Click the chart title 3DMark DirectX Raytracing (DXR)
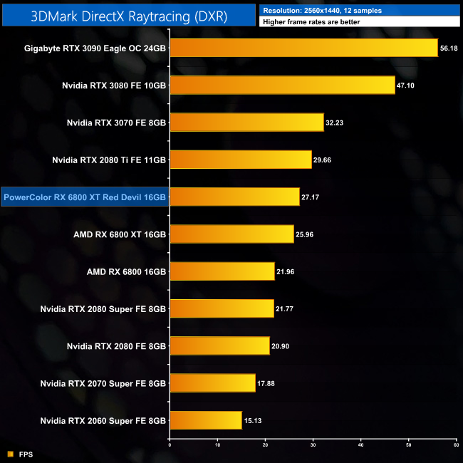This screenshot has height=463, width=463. pyautogui.click(x=128, y=16)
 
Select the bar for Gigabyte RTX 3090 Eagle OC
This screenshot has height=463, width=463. pyautogui.click(x=303, y=48)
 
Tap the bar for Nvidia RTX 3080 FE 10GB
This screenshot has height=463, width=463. pyautogui.click(x=282, y=85)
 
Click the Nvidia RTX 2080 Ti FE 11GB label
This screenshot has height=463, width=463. pyautogui.click(x=109, y=160)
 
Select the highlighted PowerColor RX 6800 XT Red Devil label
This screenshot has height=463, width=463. pyautogui.click(x=85, y=197)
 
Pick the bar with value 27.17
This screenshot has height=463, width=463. pyautogui.click(x=234, y=197)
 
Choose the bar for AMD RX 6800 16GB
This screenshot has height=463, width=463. pyautogui.click(x=222, y=271)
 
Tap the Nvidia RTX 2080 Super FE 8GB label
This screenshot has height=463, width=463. pyautogui.click(x=104, y=308)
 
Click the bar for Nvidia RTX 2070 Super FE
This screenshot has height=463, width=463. pyautogui.click(x=212, y=383)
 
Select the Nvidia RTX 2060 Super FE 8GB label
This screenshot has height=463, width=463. pyautogui.click(x=104, y=420)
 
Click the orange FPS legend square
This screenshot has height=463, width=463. pyautogui.click(x=10, y=453)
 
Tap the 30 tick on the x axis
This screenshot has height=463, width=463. pyautogui.click(x=313, y=445)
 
